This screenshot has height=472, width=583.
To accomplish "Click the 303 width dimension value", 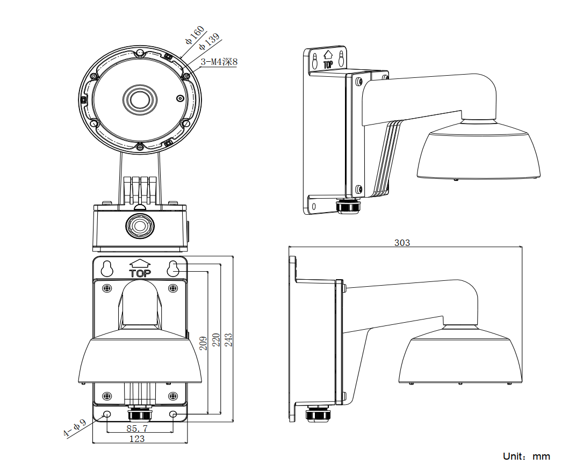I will [402, 243].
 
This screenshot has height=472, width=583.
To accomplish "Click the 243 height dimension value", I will [229, 339].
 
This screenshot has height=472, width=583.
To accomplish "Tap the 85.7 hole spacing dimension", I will [137, 429].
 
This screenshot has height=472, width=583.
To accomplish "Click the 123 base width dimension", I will [137, 439].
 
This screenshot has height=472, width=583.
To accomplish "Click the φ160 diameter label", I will [195, 34].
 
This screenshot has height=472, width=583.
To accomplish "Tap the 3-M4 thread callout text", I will [219, 62].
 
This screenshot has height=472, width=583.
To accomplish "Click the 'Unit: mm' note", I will [527, 456].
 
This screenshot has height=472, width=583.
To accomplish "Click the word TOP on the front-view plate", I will [140, 273].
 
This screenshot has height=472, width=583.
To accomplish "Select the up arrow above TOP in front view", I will [140, 263].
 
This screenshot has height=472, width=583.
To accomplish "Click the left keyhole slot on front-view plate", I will [107, 268].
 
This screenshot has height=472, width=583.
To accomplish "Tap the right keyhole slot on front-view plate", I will [172, 268].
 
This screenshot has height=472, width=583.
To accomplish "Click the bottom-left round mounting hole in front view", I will [106, 415].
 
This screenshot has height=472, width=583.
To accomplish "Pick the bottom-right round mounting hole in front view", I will [173, 415].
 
